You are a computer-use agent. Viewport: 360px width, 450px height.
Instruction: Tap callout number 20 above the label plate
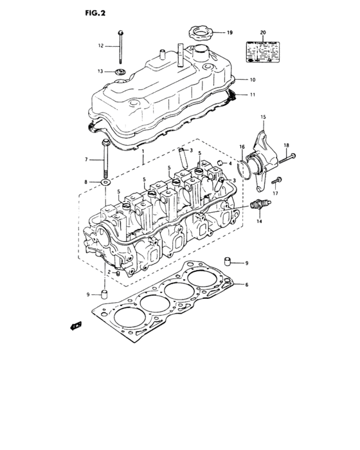262,32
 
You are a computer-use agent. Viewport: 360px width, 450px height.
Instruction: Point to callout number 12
101,46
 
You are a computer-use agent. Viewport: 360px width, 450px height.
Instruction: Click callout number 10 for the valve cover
253,80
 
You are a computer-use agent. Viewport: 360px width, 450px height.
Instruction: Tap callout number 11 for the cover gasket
253,95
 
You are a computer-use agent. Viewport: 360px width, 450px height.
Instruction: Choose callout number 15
262,116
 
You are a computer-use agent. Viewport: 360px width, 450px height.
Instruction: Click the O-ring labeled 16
242,168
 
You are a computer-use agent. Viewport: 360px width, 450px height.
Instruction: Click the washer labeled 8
104,183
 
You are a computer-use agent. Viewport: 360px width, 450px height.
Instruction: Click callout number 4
230,163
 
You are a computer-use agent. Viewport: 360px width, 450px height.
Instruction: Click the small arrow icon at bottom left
75,326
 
